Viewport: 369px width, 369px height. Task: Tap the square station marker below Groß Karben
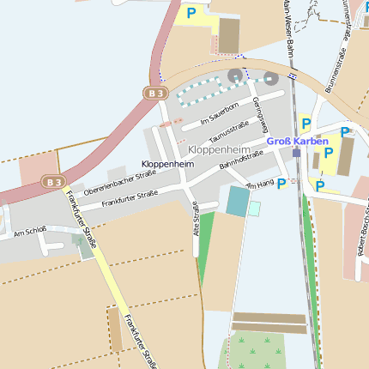296,153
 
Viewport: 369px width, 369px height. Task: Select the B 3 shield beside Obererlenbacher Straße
54,181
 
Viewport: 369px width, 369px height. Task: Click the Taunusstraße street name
229,132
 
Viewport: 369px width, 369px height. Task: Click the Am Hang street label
260,184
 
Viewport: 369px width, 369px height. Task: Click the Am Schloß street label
30,232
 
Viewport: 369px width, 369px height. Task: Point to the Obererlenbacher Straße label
119,182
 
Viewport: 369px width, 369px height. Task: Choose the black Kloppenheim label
165,163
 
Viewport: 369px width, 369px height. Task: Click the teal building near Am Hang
236,201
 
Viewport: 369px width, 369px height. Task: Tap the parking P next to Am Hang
281,184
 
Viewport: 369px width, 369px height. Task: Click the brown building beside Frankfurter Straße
115,329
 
